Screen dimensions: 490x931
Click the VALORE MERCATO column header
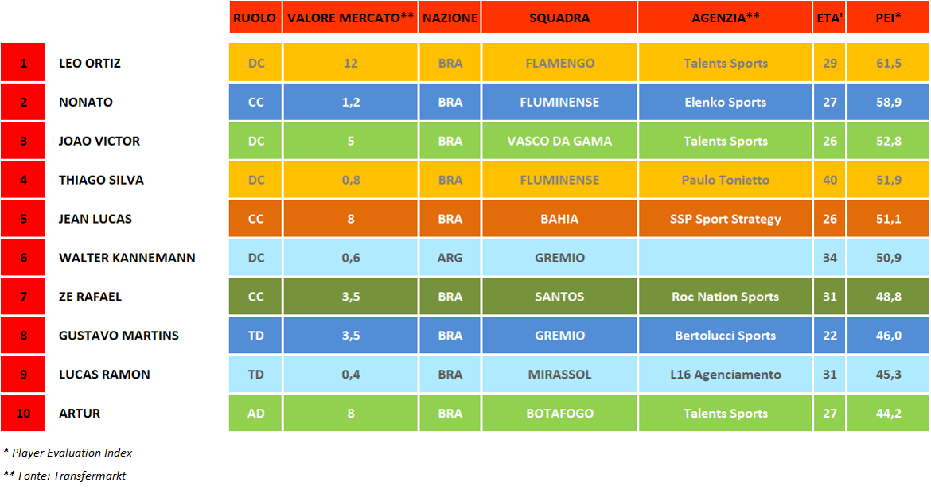[350, 17]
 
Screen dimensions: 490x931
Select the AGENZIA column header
[725, 17]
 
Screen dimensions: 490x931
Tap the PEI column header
[887, 17]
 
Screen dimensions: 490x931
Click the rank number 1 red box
[23, 63]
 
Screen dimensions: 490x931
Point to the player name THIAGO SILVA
[101, 180]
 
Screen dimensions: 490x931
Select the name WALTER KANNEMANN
[127, 258]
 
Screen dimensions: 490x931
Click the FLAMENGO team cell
[559, 63]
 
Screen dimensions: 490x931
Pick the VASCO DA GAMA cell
[559, 141]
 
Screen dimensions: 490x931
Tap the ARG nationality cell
[450, 258]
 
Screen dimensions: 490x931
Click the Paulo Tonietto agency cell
[725, 180]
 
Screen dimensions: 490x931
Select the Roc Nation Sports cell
[725, 297]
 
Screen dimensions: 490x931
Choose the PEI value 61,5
[887, 63]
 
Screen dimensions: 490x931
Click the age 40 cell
[830, 180]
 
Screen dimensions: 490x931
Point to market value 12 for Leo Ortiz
[350, 63]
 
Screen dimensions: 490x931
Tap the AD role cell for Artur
[255, 414]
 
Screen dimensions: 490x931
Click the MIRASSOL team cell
[559, 375]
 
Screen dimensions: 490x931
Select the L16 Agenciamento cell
[725, 375]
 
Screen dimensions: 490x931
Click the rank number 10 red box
[23, 414]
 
